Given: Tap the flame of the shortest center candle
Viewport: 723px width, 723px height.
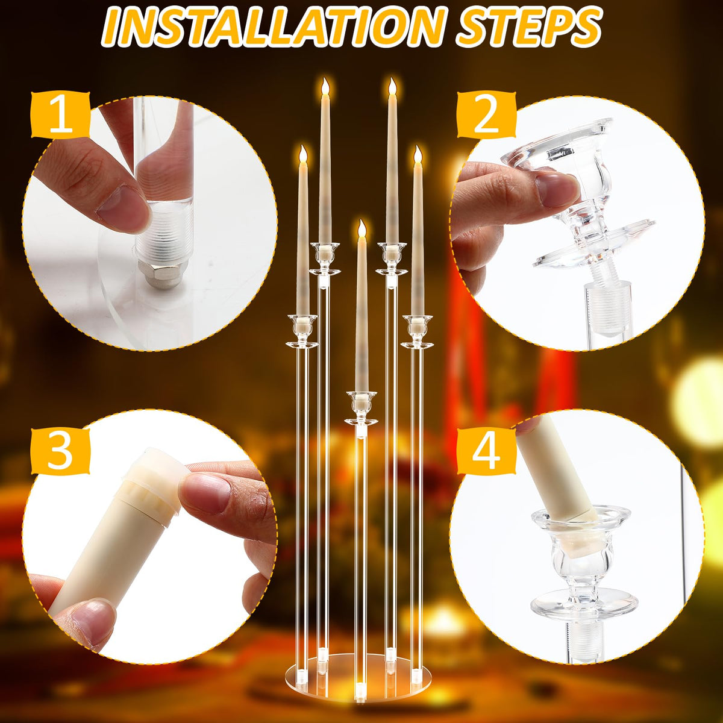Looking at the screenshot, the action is tap(361, 228).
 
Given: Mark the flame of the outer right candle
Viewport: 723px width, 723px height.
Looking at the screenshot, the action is tap(418, 155).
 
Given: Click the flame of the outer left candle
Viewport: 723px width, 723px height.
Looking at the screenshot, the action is tap(303, 155).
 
